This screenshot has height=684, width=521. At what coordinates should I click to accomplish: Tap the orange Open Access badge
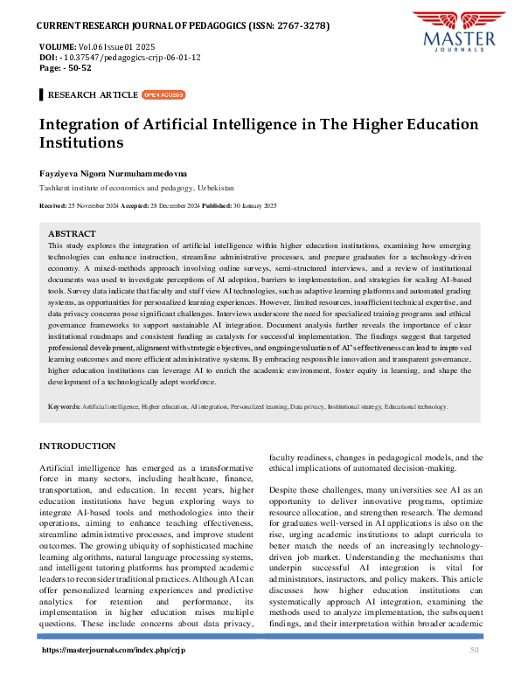click(x=163, y=94)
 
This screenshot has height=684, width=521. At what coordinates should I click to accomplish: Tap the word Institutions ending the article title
click(x=81, y=142)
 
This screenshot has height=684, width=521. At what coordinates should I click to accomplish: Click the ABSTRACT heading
click(x=72, y=234)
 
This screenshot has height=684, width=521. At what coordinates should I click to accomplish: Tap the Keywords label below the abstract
click(x=65, y=406)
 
